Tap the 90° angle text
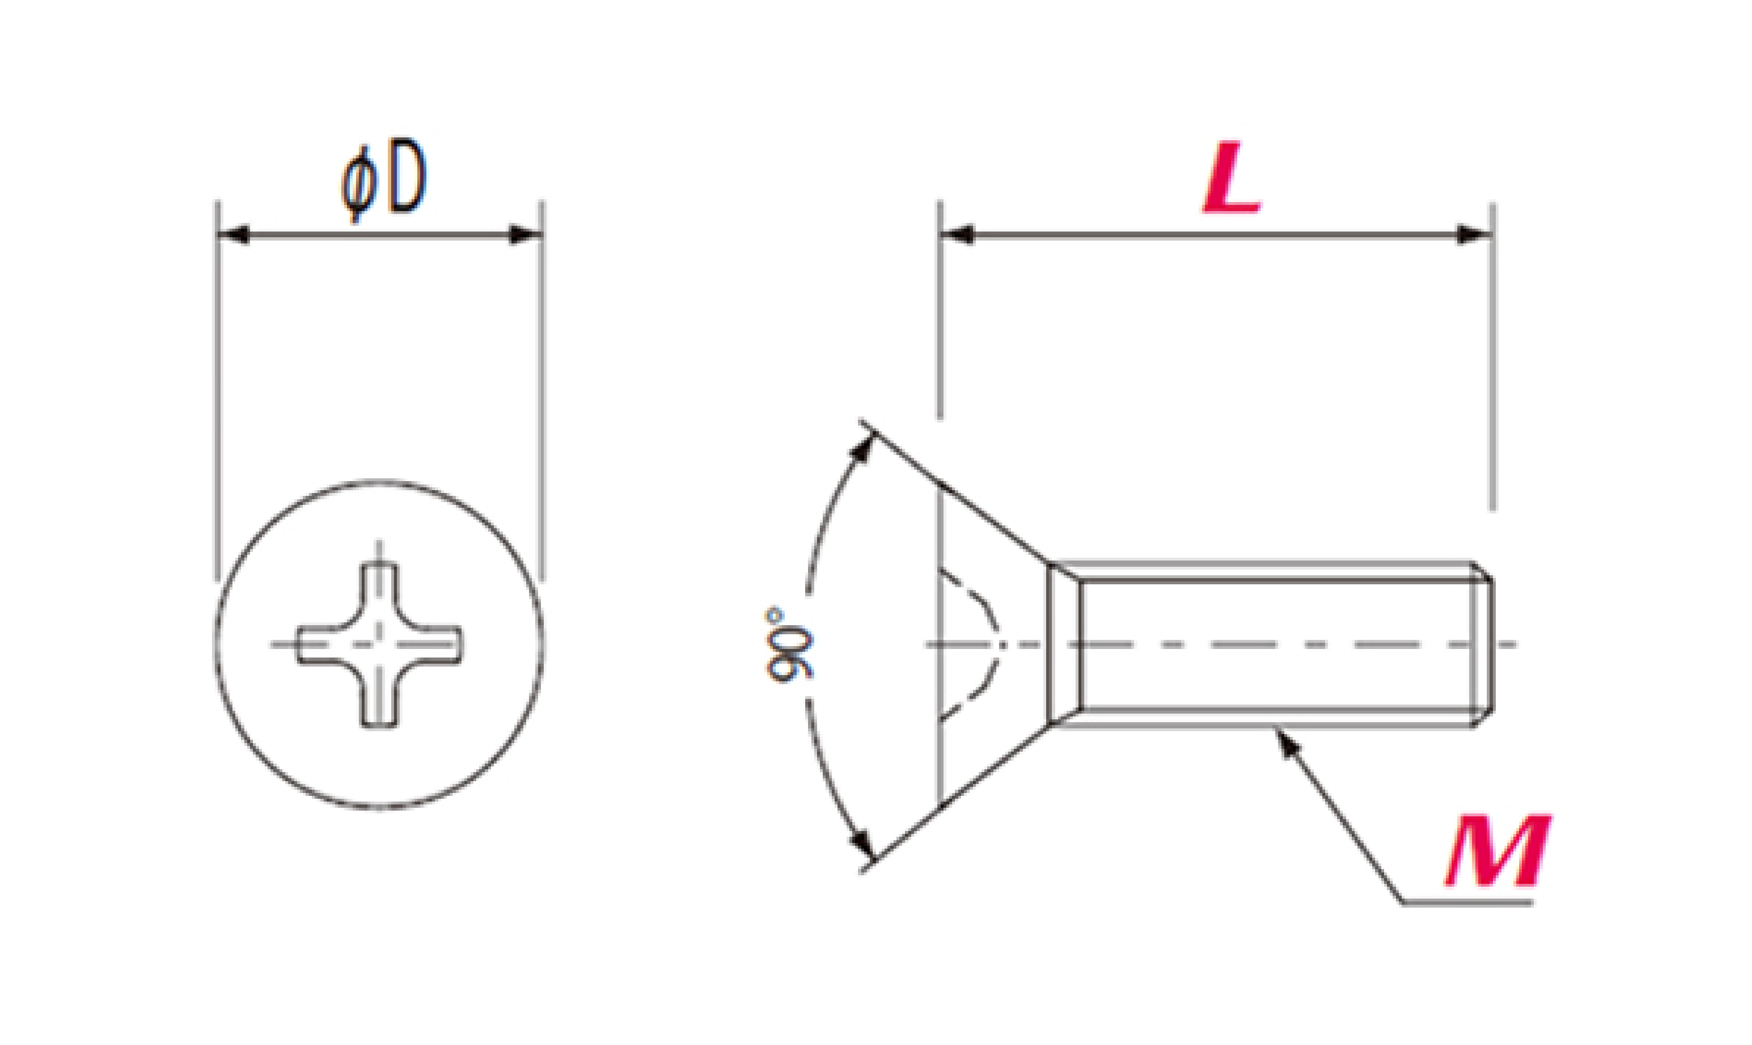coord(787,644)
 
